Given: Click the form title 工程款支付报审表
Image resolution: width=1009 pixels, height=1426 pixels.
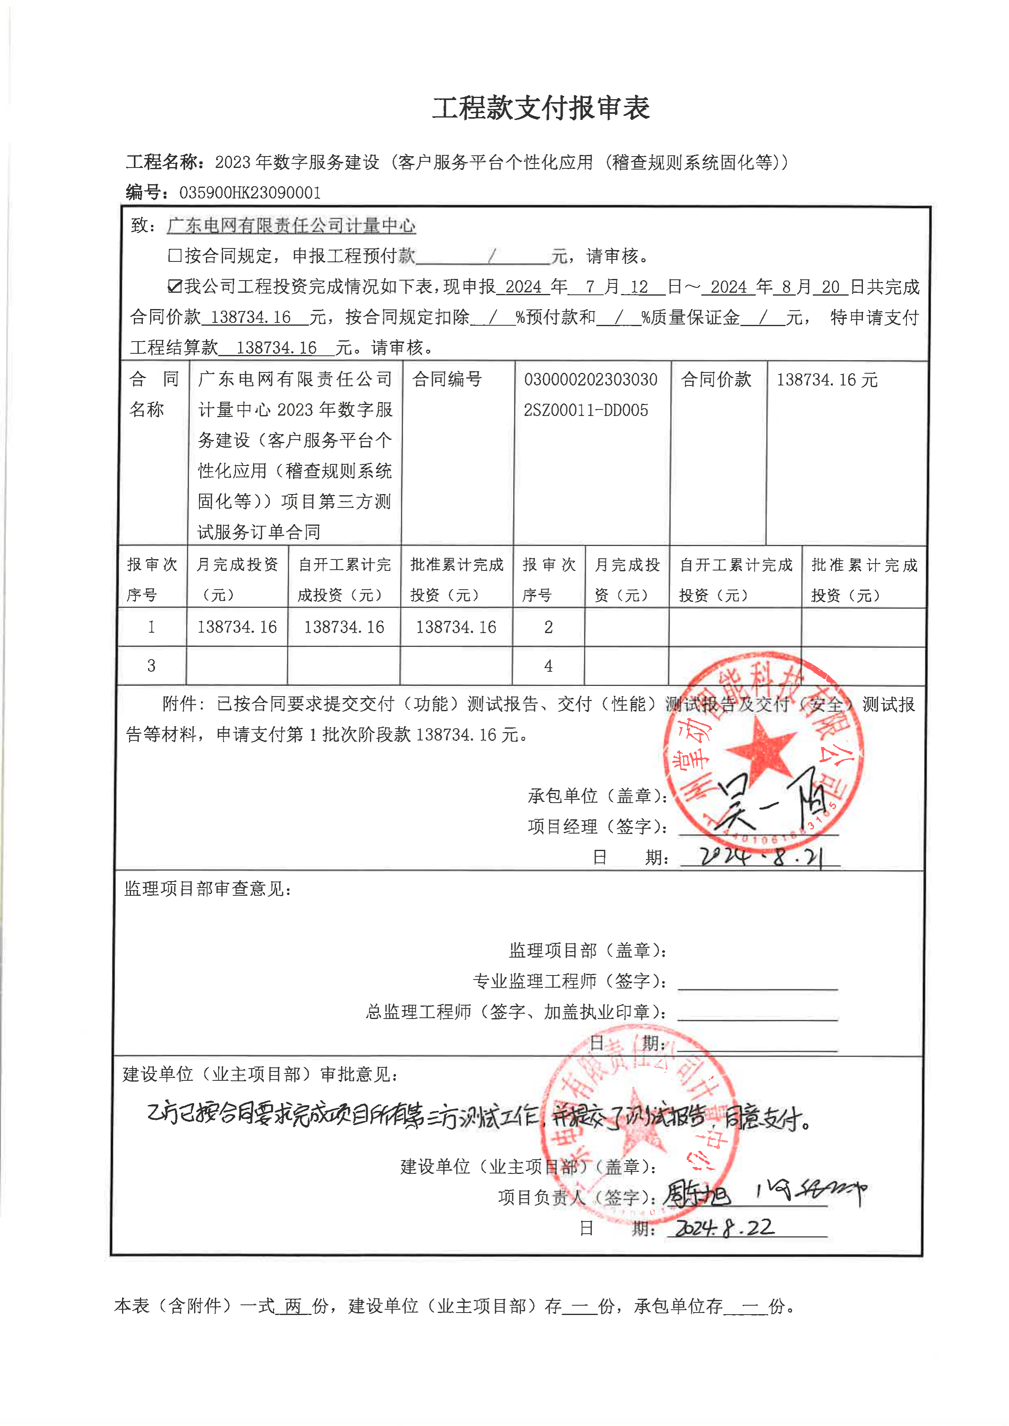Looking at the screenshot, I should click(541, 108).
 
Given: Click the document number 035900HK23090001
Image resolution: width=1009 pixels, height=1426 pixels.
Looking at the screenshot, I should click(250, 193).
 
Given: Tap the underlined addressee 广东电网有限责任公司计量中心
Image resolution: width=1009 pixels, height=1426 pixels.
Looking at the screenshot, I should click(291, 225).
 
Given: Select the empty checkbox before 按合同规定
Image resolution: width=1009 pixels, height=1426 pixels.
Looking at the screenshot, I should click(175, 255).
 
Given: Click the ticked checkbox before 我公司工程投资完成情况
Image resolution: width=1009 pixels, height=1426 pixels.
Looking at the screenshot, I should click(175, 286).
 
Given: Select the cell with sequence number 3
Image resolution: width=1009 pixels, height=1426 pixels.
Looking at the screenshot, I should click(152, 666).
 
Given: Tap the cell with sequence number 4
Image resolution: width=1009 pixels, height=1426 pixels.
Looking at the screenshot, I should click(548, 666).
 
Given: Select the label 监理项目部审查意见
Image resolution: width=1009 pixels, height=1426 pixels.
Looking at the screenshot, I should click(208, 889).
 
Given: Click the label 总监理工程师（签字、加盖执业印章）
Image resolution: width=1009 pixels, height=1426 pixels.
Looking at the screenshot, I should click(515, 1012).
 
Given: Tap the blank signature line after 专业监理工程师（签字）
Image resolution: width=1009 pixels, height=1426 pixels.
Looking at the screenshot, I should click(758, 982).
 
